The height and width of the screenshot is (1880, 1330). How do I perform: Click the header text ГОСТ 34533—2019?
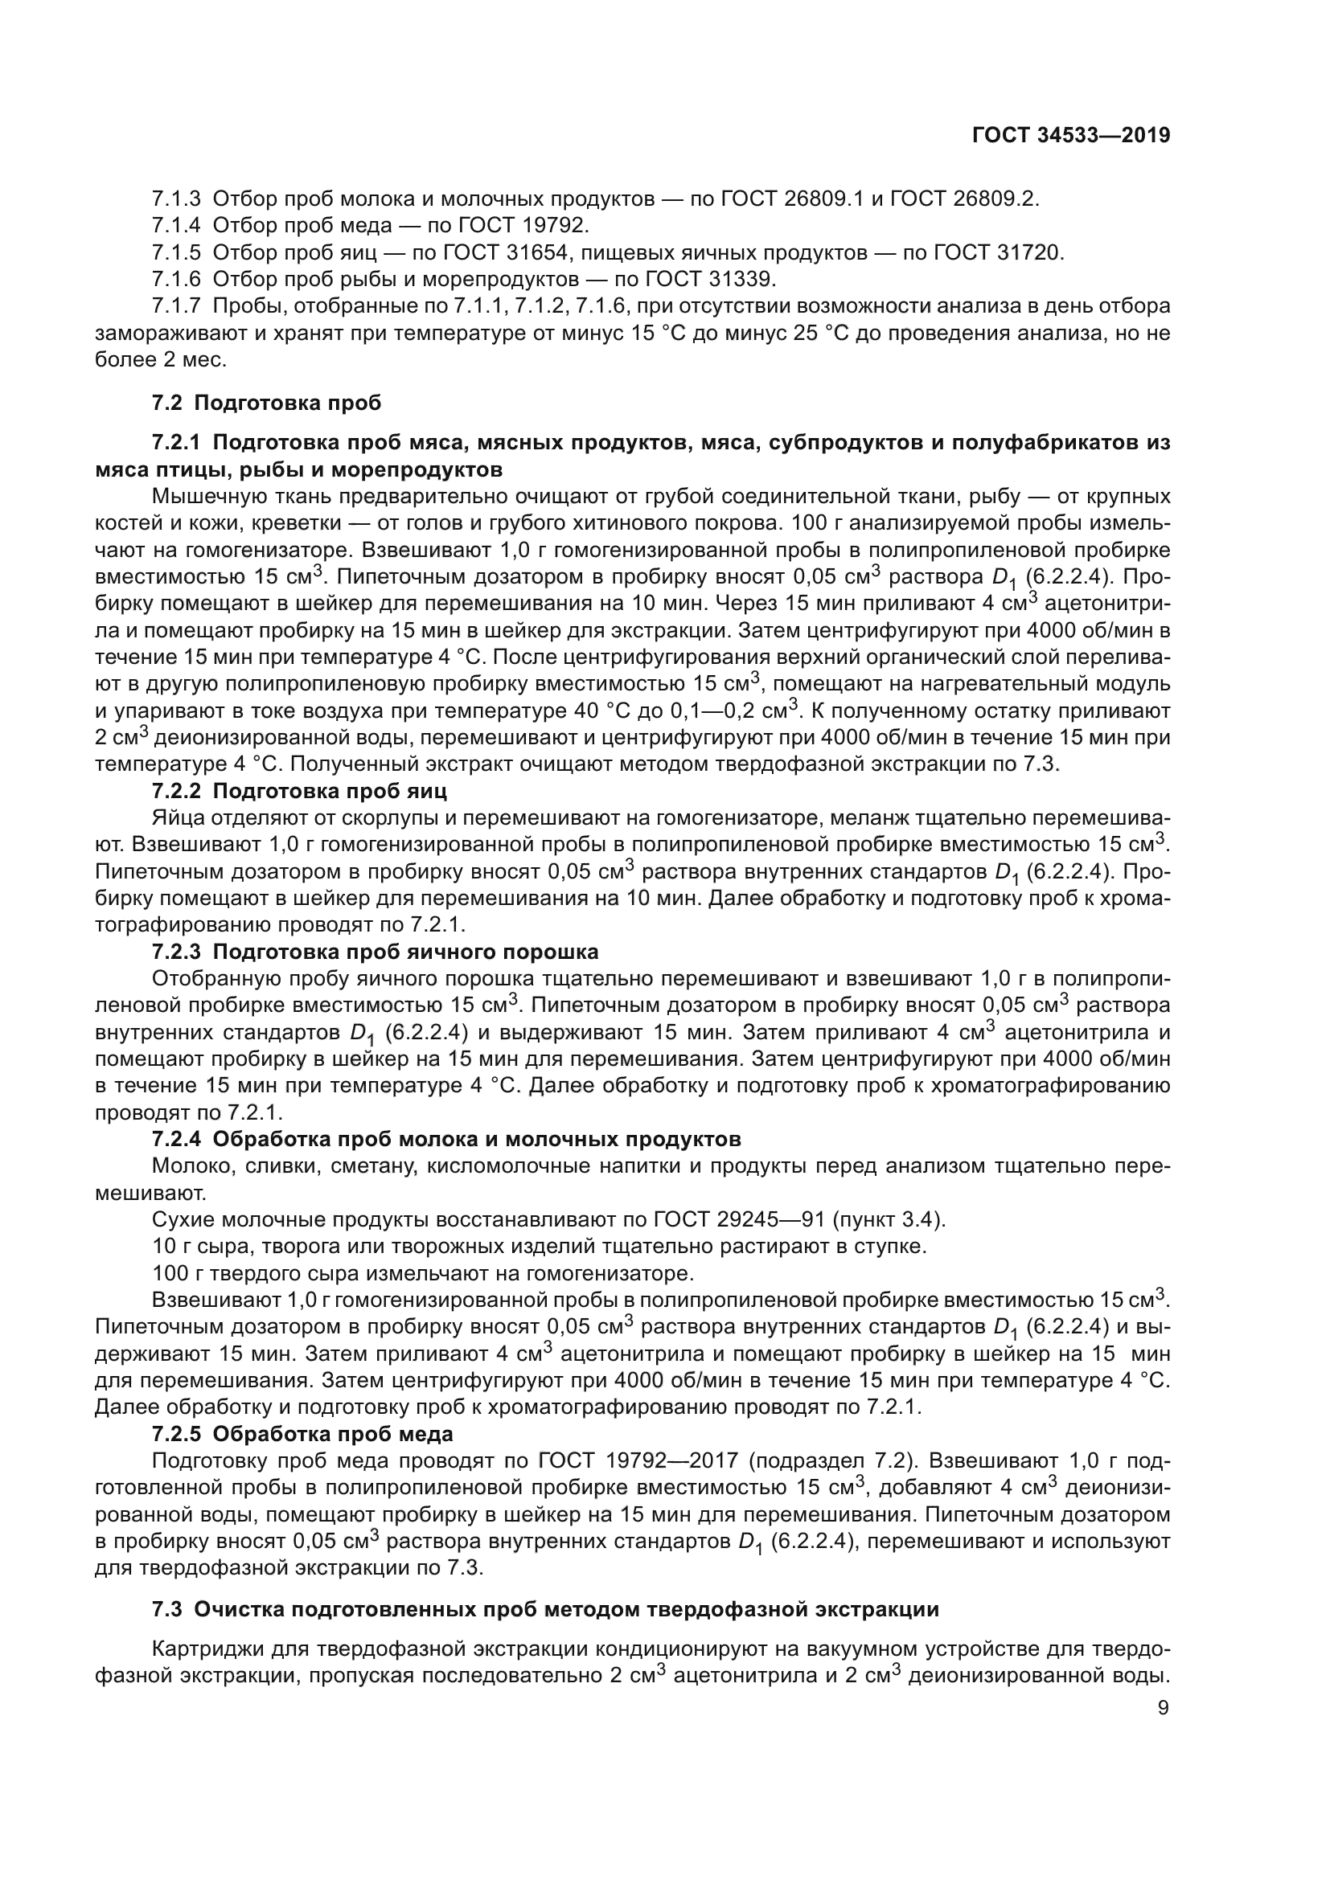(x=1070, y=136)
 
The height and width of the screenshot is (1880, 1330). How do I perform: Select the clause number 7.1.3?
(x=176, y=199)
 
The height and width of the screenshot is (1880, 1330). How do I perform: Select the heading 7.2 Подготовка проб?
(x=266, y=403)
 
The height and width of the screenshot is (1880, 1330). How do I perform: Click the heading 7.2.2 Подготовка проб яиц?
(x=299, y=792)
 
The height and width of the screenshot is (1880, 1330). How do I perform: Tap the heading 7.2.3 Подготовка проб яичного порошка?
(x=375, y=952)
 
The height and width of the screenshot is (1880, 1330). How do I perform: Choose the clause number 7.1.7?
(x=176, y=307)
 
